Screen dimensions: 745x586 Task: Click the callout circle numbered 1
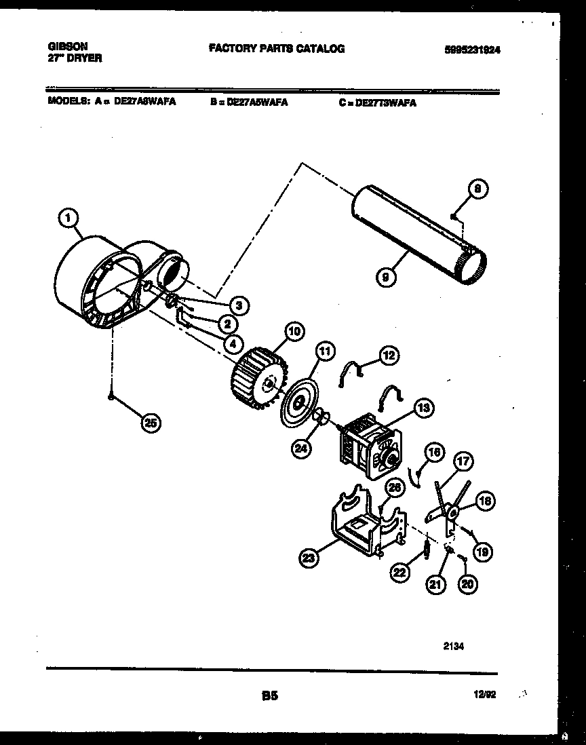click(66, 218)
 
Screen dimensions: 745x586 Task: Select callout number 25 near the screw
click(151, 423)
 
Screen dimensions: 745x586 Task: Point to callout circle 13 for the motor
click(423, 408)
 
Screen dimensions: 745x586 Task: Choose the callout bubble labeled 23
click(309, 558)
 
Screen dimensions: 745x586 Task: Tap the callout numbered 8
click(477, 191)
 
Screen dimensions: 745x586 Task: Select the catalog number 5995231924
click(477, 50)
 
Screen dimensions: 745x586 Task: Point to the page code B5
click(270, 695)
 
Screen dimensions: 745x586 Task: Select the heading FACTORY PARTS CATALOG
click(276, 49)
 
